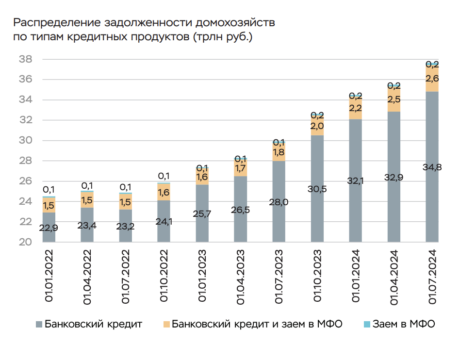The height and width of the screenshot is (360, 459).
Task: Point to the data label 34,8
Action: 432,168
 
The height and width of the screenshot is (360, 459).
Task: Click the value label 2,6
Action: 432,79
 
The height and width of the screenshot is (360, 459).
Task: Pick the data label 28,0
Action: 279,202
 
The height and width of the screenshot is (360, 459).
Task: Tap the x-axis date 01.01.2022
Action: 49,277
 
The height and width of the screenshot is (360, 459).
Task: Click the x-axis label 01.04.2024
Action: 393,277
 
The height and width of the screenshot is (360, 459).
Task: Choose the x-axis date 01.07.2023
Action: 279,277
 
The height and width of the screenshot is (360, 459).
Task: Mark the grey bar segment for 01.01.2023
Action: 202,213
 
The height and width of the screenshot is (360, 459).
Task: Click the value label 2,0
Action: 317,126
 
